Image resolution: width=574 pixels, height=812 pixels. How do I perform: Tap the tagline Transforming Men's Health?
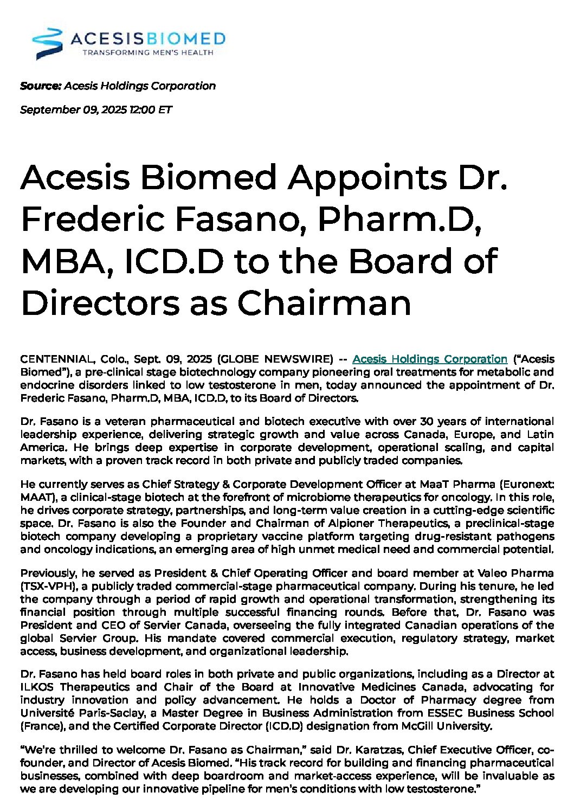(147, 53)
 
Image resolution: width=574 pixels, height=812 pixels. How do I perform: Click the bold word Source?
(41, 86)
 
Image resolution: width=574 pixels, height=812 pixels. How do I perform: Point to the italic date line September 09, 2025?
(96, 109)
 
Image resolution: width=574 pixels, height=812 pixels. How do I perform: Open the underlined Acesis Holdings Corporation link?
(429, 359)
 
